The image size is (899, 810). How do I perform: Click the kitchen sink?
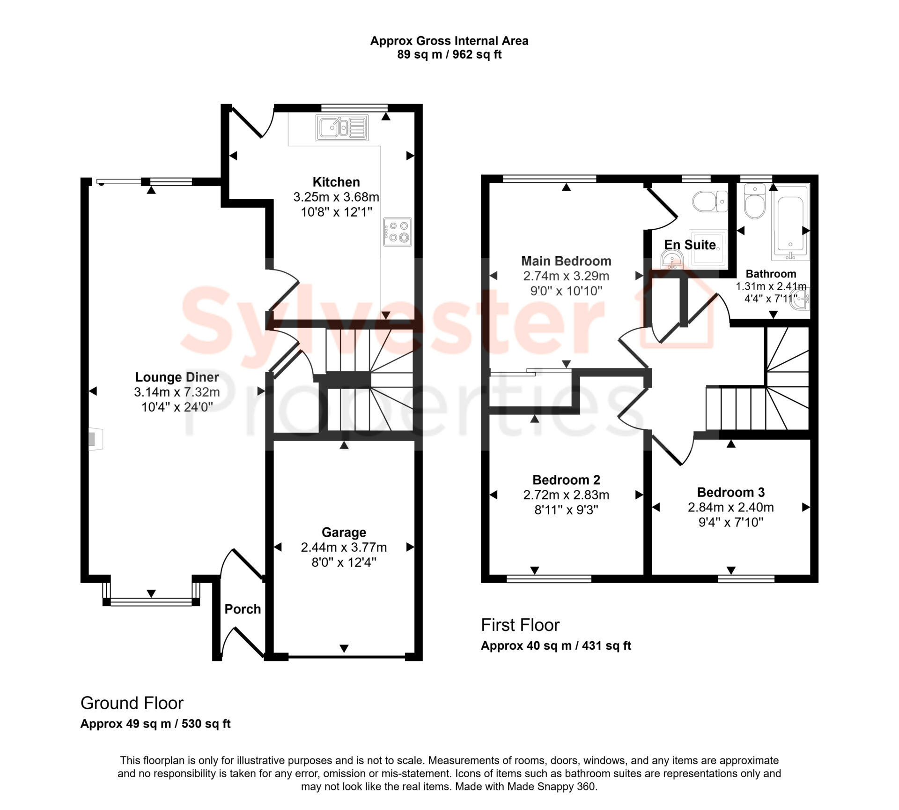(x=342, y=127)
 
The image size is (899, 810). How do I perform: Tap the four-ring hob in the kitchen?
(x=398, y=232)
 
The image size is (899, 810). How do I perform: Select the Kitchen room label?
(x=336, y=182)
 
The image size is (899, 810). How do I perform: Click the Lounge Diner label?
(x=177, y=377)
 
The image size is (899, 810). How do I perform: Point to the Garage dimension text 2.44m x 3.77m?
(x=344, y=547)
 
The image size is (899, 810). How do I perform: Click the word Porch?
(x=243, y=609)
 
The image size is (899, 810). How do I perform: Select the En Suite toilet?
(x=710, y=202)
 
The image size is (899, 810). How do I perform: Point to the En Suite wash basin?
(x=672, y=260)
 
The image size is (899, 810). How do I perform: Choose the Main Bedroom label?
(x=566, y=261)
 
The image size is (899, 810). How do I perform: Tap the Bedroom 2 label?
(x=566, y=480)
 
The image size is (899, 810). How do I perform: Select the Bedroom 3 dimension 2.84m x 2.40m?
(x=730, y=507)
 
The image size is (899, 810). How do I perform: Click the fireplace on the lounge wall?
(x=96, y=439)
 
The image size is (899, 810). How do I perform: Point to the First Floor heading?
(x=520, y=625)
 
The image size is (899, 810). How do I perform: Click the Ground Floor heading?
(x=132, y=703)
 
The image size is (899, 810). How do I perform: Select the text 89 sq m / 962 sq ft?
(x=449, y=55)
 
